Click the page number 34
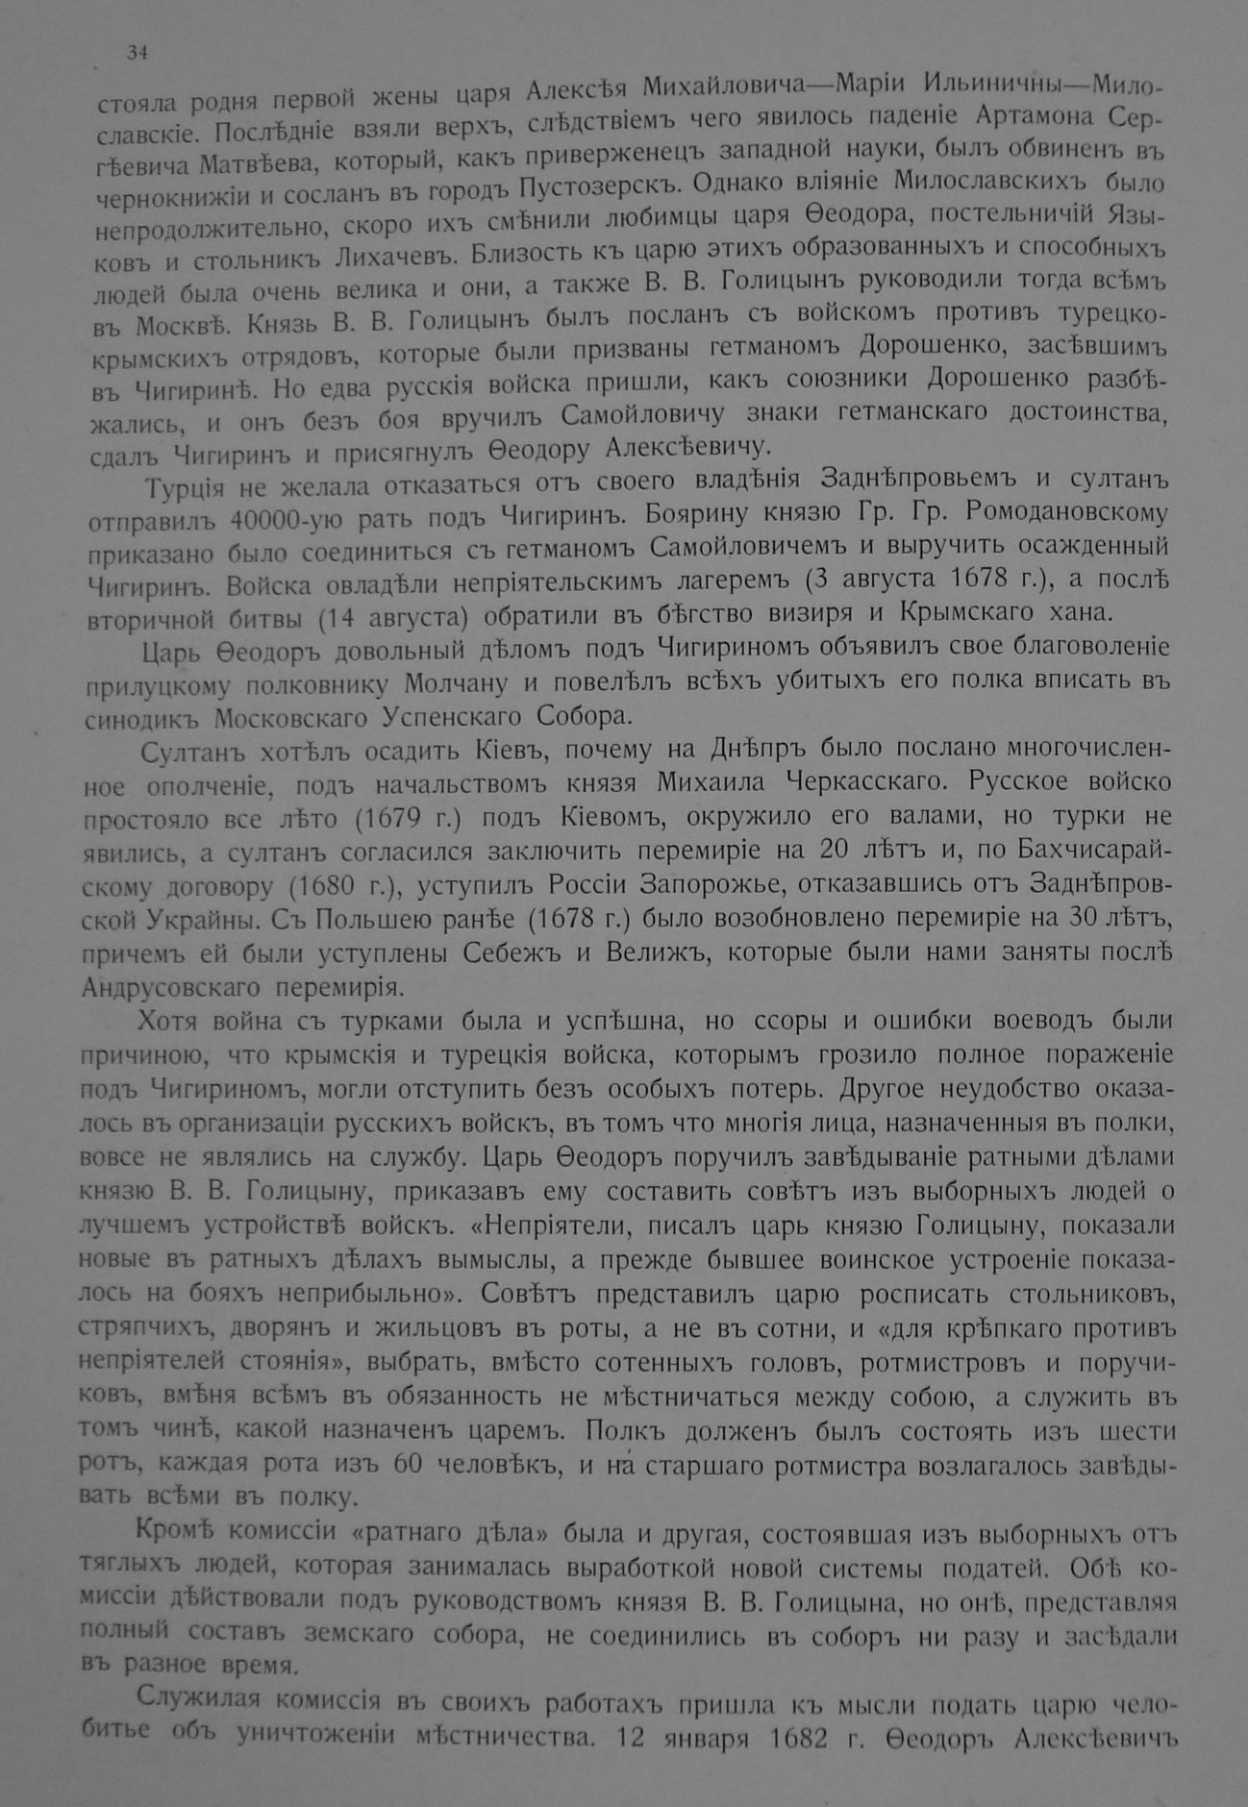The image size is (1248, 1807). (136, 53)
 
